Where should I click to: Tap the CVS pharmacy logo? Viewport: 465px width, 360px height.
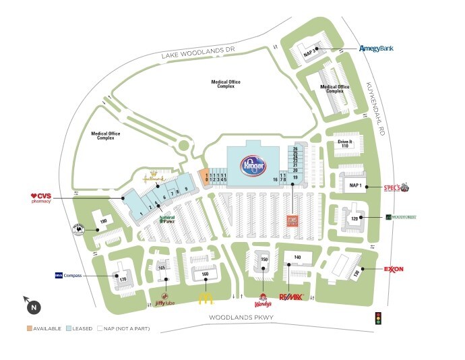coord(41,198)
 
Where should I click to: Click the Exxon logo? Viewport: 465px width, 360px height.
coord(394,270)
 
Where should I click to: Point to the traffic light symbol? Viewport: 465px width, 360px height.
coord(378,318)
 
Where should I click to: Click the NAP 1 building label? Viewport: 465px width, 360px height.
coord(355,185)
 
